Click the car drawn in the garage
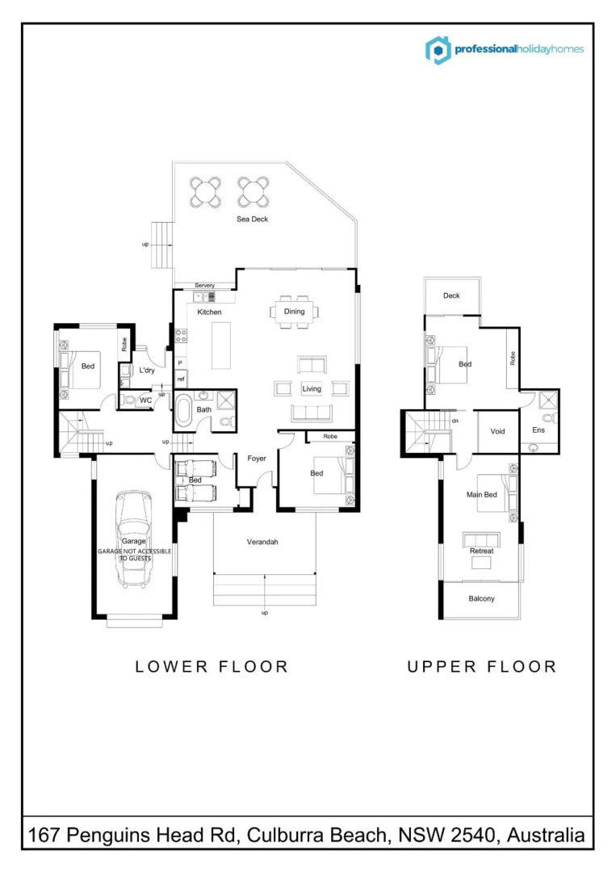click(x=133, y=539)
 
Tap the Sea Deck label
click(x=252, y=219)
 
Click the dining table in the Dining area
click(x=294, y=312)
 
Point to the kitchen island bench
click(x=220, y=346)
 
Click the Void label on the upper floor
click(x=497, y=431)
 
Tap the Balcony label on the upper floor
click(x=481, y=598)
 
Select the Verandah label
click(x=262, y=542)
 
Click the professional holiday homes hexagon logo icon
click(x=438, y=50)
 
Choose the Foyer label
click(x=256, y=459)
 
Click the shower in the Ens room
click(x=547, y=400)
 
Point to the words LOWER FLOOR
click(x=212, y=666)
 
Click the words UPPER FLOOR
click(x=481, y=666)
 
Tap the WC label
click(x=145, y=400)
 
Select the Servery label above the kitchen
click(x=204, y=285)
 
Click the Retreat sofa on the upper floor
click(x=481, y=539)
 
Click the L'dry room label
click(x=147, y=371)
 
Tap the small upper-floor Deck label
click(x=451, y=296)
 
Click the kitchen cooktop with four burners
click(x=181, y=335)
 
